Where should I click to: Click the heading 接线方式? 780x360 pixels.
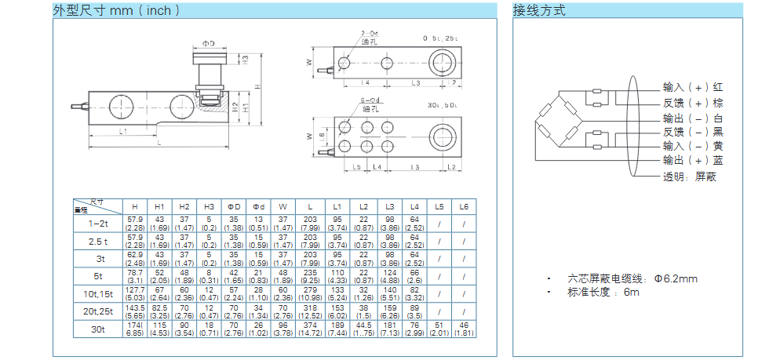tap(539, 11)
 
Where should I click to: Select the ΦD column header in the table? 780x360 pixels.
tap(233, 206)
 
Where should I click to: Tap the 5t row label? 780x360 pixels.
tap(97, 276)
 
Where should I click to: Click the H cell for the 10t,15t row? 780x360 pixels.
tap(135, 293)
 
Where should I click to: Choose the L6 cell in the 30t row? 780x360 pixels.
tap(464, 329)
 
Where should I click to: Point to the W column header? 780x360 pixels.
tap(282, 206)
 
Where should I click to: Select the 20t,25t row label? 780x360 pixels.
tap(97, 311)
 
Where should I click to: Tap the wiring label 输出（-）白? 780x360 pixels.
tap(693, 118)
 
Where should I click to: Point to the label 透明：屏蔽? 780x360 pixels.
tap(690, 176)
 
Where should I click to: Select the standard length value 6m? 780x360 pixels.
tap(632, 292)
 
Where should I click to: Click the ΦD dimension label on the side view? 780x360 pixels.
tap(208, 44)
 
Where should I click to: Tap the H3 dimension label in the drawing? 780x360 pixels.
tap(245, 58)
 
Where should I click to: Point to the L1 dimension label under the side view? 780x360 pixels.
tap(124, 131)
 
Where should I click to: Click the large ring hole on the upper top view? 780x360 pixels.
tap(443, 63)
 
